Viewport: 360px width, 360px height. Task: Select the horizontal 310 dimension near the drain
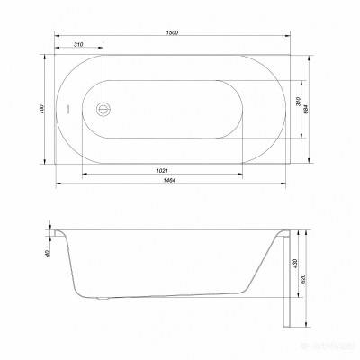[79, 44]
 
